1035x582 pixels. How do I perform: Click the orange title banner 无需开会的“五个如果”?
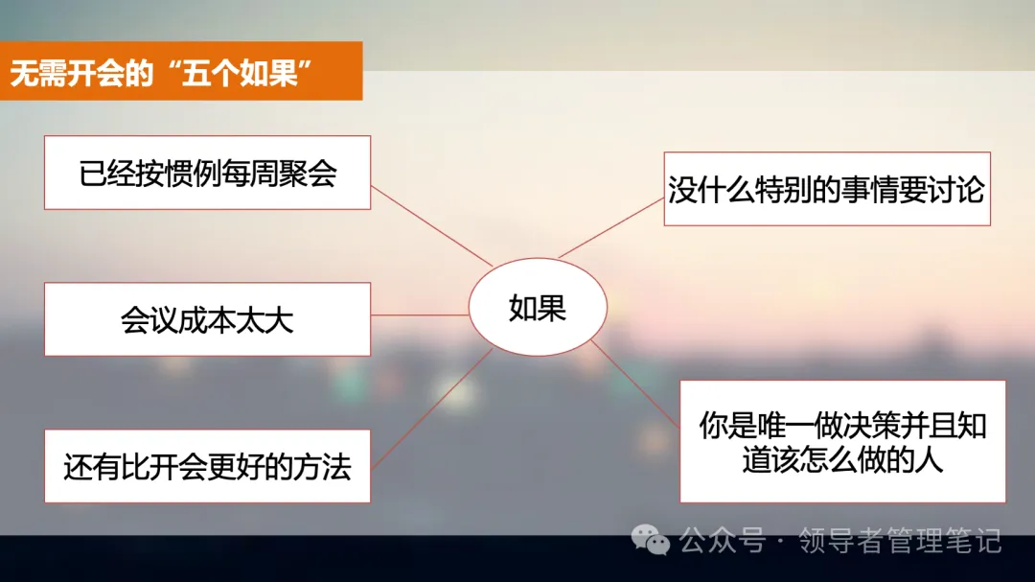pos(181,71)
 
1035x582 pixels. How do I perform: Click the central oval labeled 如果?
pos(537,308)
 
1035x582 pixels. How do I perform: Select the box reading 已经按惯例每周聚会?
pos(207,173)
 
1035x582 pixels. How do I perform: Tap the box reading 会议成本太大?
pos(207,319)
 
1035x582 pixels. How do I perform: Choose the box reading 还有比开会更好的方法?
pos(207,467)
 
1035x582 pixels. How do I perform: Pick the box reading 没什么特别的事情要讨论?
pos(826,189)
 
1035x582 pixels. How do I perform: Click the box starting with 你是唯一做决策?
pos(842,441)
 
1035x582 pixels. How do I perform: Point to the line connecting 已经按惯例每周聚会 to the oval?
pos(431,225)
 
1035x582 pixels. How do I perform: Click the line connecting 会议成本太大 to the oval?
pos(419,314)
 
